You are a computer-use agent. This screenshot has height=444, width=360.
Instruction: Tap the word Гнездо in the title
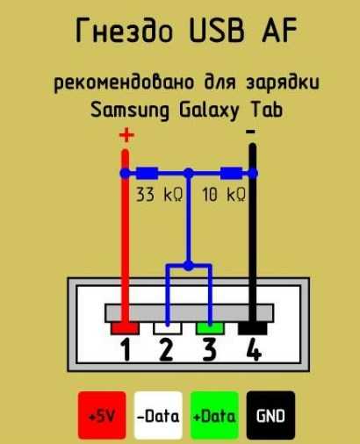tap(124, 30)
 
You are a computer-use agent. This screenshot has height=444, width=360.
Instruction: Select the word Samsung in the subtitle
tap(130, 111)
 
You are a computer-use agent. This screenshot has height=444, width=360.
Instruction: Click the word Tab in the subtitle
tap(267, 110)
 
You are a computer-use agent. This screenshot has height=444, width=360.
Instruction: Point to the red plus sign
tap(126, 135)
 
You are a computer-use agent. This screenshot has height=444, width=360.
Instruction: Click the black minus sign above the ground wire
tap(251, 132)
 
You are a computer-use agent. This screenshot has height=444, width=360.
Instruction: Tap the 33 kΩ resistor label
tap(160, 194)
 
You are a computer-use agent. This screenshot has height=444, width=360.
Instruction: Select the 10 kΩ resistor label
tap(224, 194)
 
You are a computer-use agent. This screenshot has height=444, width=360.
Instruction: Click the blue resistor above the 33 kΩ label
tap(148, 174)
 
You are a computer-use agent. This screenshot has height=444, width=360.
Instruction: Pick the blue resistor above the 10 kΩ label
tap(231, 174)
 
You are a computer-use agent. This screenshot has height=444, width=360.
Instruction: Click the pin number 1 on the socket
tap(126, 349)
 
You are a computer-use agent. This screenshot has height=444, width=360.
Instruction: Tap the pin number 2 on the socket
tap(166, 349)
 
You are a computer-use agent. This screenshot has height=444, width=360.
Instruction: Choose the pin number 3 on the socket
tap(210, 349)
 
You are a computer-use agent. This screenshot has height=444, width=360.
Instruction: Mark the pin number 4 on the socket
tap(254, 349)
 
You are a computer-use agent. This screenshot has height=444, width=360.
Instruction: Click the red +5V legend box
tap(102, 415)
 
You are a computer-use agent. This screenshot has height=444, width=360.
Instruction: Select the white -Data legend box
tap(158, 415)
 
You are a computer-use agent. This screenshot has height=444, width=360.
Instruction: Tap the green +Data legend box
tap(214, 415)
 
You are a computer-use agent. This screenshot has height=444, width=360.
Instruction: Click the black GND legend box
tap(270, 415)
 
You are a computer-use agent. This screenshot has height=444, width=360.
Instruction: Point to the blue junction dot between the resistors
tap(189, 174)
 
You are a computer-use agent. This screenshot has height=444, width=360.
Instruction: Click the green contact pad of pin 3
tap(210, 328)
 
